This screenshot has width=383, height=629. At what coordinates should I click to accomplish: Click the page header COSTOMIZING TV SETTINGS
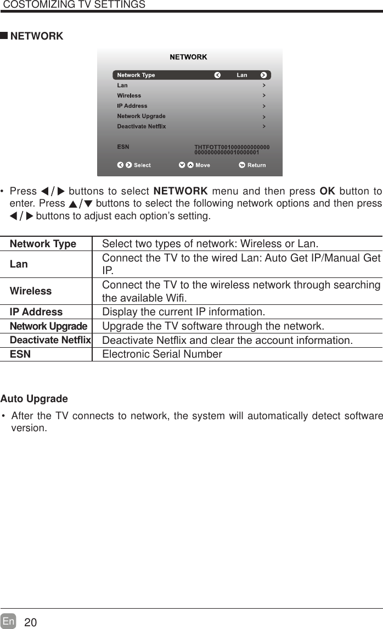[x=74, y=5]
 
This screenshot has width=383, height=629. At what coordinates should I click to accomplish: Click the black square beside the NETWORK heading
[x=4, y=36]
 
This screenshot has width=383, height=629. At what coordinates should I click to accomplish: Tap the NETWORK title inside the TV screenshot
[x=188, y=57]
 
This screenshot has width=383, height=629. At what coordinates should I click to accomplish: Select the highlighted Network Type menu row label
[x=136, y=75]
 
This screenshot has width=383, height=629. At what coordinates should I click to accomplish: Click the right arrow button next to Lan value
[x=264, y=75]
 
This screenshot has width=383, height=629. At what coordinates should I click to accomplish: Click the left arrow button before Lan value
[x=217, y=75]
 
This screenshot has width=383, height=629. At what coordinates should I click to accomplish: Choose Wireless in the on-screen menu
[x=129, y=96]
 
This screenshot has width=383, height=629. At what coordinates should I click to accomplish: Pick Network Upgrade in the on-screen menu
[x=141, y=116]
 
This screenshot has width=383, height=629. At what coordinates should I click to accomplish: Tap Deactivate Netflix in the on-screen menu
[x=141, y=126]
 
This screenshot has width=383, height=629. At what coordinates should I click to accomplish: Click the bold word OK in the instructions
[x=326, y=192]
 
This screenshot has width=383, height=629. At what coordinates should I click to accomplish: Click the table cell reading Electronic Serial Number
[x=162, y=354]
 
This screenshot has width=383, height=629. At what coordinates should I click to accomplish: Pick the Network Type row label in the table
[x=43, y=244]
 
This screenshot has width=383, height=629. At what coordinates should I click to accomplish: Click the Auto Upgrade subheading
[x=34, y=398]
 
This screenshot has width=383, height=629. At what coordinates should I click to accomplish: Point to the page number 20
[x=31, y=622]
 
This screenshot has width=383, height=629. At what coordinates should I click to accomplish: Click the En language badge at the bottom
[x=8, y=621]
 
